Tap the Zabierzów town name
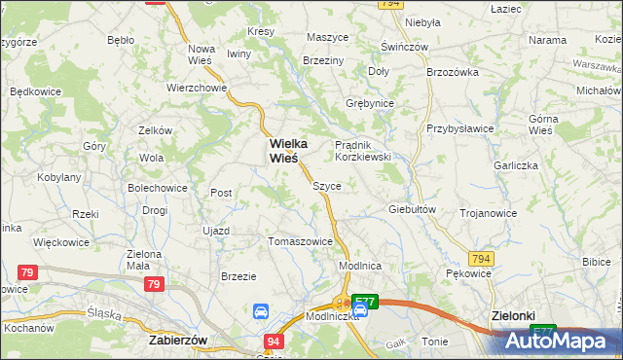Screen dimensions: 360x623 (x=180, y=341)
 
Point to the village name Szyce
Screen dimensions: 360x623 (x=326, y=186)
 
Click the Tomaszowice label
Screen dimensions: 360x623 (x=301, y=241)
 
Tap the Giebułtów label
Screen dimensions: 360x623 (x=411, y=209)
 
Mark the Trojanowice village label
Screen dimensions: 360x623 (x=488, y=213)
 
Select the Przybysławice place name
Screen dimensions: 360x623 (x=460, y=128)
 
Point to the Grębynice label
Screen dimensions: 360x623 (x=370, y=103)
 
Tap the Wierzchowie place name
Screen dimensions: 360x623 (x=197, y=87)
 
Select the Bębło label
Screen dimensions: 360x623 (x=121, y=41)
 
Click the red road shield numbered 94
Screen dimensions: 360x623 (x=275, y=341)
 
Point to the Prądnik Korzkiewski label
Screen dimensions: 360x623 (x=362, y=150)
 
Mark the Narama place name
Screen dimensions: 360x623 (x=547, y=41)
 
